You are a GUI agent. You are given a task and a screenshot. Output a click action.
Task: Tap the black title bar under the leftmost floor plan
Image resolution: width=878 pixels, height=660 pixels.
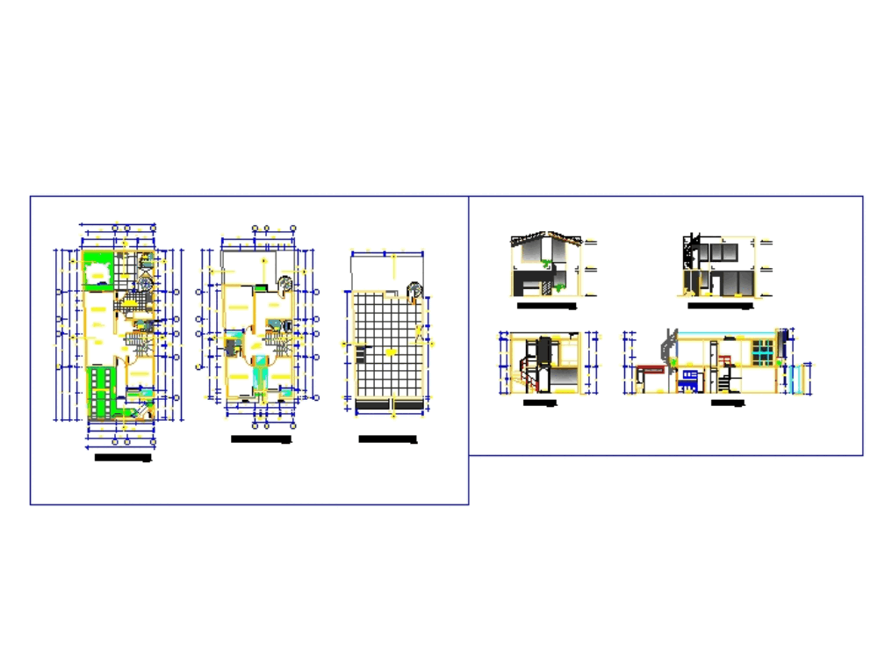[x=123, y=457]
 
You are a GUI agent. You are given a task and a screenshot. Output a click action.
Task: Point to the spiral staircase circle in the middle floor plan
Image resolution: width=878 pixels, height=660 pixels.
[x=286, y=284]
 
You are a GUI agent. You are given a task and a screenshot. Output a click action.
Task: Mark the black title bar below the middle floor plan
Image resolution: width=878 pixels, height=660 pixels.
[x=259, y=439]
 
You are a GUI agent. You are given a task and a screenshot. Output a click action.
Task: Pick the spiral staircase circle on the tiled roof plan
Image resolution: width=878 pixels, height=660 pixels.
[x=414, y=290]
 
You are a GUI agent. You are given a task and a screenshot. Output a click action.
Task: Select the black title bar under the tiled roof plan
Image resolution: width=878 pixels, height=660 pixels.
[x=387, y=439]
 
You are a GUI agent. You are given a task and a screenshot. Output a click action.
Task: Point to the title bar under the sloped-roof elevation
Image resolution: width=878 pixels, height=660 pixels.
[x=545, y=307]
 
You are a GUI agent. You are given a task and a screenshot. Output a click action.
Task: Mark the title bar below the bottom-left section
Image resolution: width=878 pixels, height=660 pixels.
[x=540, y=403]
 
